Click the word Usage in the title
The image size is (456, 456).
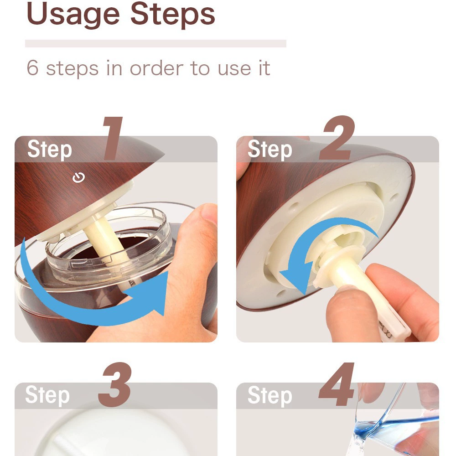pyautogui.click(x=73, y=15)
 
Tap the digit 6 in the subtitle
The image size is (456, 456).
pyautogui.click(x=32, y=68)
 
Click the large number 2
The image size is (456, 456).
pyautogui.click(x=337, y=138)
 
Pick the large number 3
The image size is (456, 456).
pyautogui.click(x=115, y=384)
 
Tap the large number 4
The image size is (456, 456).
pyautogui.click(x=337, y=384)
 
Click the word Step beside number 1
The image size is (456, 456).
pyautogui.click(x=49, y=150)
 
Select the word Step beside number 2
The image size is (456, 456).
pyautogui.click(x=270, y=150)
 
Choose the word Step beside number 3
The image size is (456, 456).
pyautogui.click(x=47, y=395)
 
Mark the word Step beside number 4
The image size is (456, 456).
pyautogui.click(x=270, y=395)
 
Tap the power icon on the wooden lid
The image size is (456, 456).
pyautogui.click(x=78, y=177)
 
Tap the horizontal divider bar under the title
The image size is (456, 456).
pyautogui.click(x=155, y=44)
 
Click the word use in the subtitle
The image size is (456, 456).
pyautogui.click(x=235, y=69)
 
